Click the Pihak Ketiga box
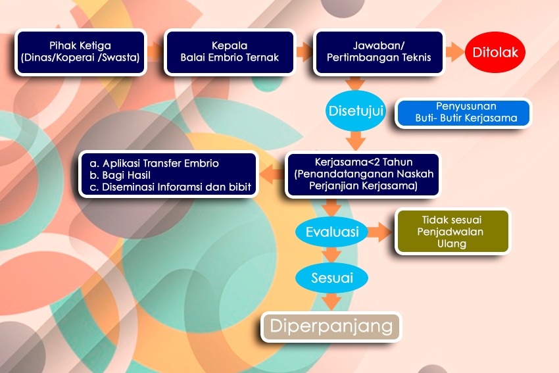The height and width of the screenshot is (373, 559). coord(81,52)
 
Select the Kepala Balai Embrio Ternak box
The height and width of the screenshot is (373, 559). coord(230,52)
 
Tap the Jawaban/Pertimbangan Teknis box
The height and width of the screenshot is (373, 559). coord(379,52)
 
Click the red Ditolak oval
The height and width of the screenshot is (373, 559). coord(495,52)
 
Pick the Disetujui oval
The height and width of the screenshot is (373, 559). coord(355,111)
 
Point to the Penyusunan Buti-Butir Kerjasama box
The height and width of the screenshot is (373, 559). coord(463,112)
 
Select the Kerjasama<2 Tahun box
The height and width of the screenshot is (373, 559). coord(363,174)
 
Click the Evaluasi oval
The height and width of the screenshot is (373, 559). coord(332,232)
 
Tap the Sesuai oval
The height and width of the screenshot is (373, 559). coord(332,278)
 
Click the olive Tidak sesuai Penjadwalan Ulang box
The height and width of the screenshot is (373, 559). coord(452,231)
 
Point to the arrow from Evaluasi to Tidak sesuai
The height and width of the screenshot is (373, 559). coord(379,232)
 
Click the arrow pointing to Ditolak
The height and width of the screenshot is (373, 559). coord(455,52)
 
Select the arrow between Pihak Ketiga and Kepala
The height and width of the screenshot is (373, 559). coord(155,52)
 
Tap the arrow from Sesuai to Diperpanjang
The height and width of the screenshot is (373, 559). coord(331,302)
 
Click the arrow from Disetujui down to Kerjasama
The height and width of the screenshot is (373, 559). coord(356,141)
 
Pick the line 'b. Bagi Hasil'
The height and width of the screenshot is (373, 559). coord(120,175)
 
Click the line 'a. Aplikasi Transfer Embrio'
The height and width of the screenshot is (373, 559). coord(154,163)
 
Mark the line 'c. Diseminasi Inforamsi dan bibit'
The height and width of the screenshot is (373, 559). coord(170,187)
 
